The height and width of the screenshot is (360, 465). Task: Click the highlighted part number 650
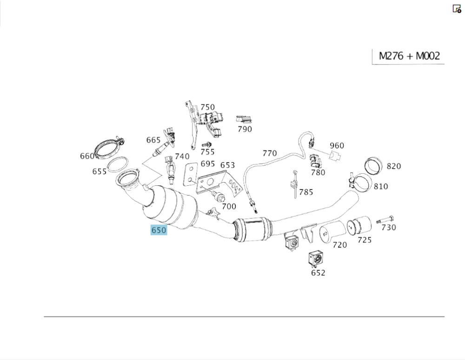point(159,230)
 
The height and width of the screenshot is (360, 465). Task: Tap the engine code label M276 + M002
point(409,56)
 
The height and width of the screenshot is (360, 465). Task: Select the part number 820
point(393,166)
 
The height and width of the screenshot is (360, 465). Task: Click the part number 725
point(365,240)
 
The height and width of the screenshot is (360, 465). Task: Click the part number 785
point(306,192)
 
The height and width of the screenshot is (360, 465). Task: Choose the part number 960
point(337,145)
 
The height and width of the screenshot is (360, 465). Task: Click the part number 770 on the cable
point(270,153)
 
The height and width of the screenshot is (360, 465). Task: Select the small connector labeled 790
point(243,120)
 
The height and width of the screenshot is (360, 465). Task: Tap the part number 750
point(207,107)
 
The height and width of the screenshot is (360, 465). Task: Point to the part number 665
point(153,140)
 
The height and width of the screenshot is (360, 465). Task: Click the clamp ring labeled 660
point(107,149)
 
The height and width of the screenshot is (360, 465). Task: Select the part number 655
point(99,171)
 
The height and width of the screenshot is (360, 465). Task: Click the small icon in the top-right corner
point(457,8)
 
